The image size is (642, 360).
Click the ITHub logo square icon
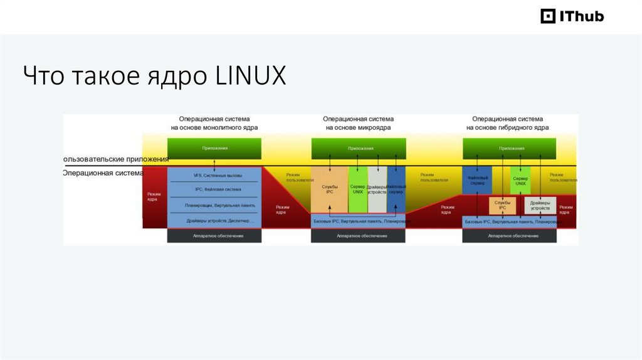coord(548,16)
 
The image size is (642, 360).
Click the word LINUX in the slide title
coord(251,77)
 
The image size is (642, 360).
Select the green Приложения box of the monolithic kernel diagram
coord(214,149)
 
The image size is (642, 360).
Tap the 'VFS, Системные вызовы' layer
coord(214,176)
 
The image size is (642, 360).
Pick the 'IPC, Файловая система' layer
coord(214,189)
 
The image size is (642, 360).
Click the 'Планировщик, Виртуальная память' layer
coord(214,205)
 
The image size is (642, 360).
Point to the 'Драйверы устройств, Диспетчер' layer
coord(214,221)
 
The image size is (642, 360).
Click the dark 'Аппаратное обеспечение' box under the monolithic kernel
coord(214,236)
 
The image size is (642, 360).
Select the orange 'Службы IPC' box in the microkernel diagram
coord(329,189)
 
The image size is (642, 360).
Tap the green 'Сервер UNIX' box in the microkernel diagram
coord(357,189)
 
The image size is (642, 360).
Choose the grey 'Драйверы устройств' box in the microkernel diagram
coord(377,189)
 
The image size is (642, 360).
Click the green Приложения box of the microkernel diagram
coord(359,149)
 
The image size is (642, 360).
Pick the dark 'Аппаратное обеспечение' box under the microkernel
coord(359,236)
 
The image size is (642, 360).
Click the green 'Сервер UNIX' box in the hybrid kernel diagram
coord(520,179)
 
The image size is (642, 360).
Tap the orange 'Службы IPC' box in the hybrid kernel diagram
coord(502,206)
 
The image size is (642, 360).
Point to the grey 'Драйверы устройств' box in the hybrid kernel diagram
coord(540,206)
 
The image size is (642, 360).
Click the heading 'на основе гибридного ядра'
coord(508,127)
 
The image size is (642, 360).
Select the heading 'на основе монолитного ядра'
coord(214,127)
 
